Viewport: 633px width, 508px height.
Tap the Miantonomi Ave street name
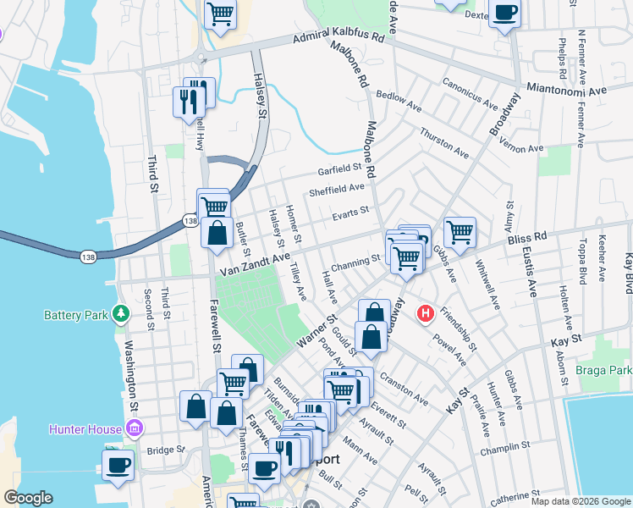(x=566, y=89)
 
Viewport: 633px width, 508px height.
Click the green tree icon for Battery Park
(x=121, y=315)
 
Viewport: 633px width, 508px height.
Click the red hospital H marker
(x=426, y=314)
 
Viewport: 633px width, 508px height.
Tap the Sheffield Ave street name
(x=336, y=189)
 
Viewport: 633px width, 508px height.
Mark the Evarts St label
(x=350, y=212)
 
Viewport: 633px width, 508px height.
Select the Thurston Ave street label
(x=444, y=142)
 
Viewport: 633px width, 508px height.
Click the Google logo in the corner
(x=28, y=498)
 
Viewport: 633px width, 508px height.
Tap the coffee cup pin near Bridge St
(x=118, y=464)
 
